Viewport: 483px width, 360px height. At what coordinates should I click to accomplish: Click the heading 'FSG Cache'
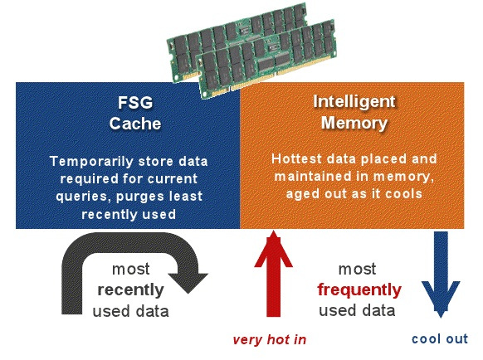click(x=135, y=113)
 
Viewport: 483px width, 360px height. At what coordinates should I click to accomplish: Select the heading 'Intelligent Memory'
click(x=354, y=113)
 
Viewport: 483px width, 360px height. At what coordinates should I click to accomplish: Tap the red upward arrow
click(x=273, y=274)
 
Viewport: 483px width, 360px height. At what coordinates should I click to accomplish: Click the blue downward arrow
click(x=441, y=275)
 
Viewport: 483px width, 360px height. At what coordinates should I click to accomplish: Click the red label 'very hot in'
click(x=270, y=339)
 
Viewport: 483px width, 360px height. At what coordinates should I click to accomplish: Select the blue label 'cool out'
click(x=440, y=338)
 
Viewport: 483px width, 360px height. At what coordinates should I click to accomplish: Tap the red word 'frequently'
click(x=359, y=290)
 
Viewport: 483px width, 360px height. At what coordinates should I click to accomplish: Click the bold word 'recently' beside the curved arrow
click(x=130, y=290)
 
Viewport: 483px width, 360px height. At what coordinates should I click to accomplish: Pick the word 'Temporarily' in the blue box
click(x=91, y=162)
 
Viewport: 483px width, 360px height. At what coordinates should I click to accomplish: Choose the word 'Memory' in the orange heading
click(x=354, y=123)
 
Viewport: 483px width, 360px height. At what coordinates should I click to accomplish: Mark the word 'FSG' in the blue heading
click(x=135, y=103)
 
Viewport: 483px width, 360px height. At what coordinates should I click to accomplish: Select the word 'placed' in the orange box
click(x=383, y=159)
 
